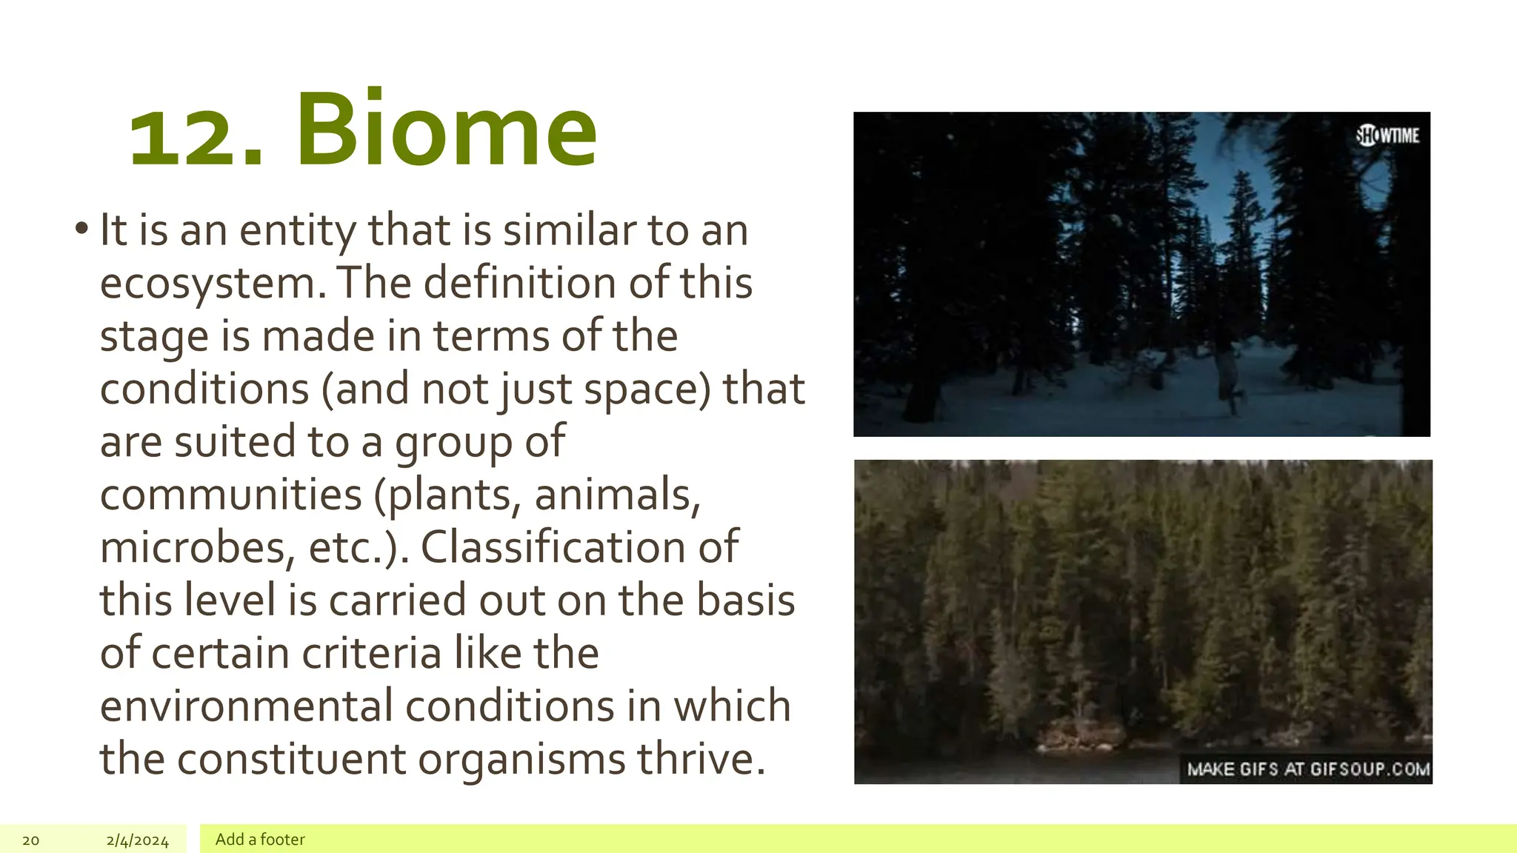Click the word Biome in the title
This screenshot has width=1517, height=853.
click(x=447, y=131)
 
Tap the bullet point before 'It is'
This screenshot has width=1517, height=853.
click(x=81, y=229)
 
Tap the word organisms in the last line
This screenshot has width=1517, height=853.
click(x=522, y=760)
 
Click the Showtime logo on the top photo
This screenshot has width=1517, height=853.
click(x=1387, y=136)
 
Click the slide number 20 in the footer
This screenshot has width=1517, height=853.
click(x=30, y=840)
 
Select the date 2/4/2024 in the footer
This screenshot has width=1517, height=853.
click(x=137, y=840)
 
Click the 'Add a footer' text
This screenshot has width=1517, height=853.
click(x=260, y=839)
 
